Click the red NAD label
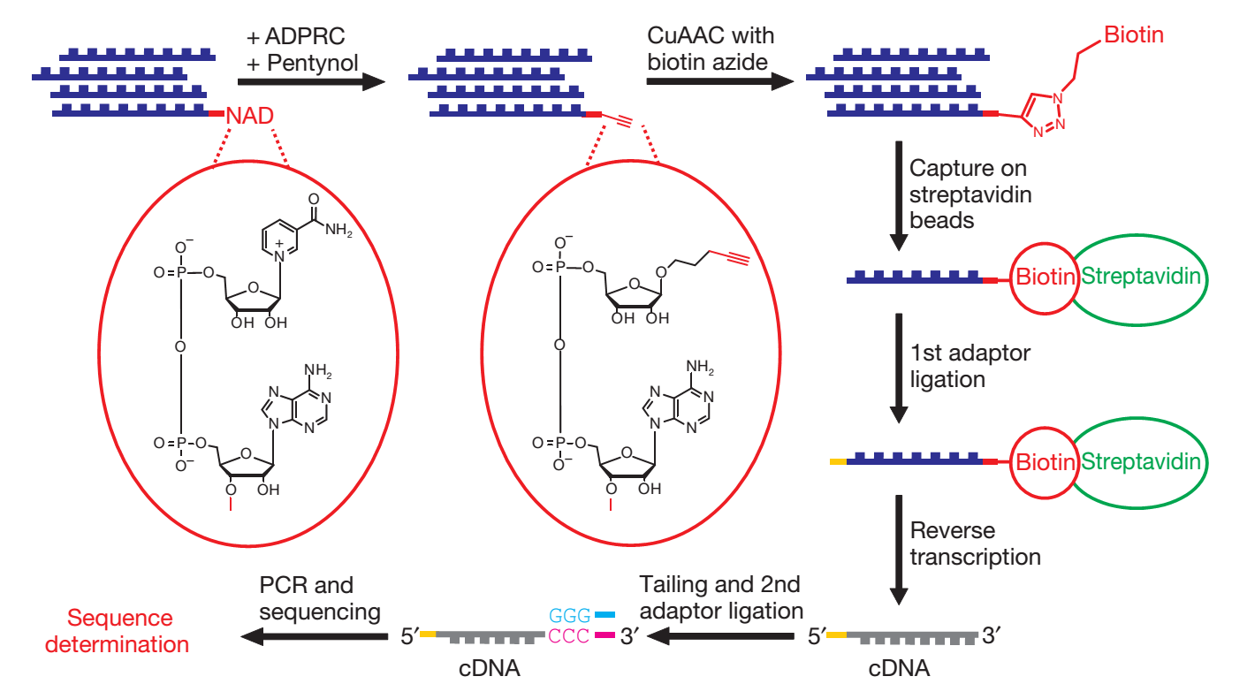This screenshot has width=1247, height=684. click(x=249, y=116)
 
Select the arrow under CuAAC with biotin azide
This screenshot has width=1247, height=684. click(x=719, y=81)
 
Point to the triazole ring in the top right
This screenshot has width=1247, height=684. click(x=1048, y=114)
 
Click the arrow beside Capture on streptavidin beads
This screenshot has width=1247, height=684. click(x=899, y=195)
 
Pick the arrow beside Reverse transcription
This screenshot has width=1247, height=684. click(x=899, y=548)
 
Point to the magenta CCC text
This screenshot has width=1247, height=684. click(x=569, y=637)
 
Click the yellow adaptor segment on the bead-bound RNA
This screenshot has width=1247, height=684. click(x=838, y=461)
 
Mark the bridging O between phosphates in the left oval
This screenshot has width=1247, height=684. click(x=180, y=347)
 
